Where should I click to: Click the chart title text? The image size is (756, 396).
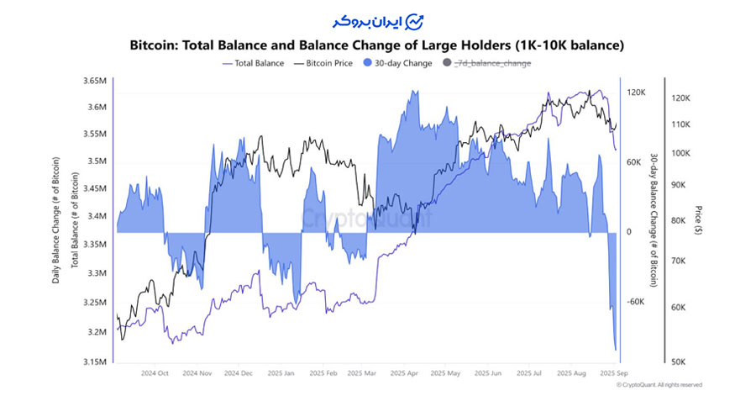(x=378, y=44)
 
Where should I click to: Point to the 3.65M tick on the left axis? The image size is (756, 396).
(x=94, y=81)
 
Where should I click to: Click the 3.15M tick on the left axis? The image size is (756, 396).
(x=94, y=362)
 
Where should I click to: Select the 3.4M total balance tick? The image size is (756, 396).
(x=97, y=216)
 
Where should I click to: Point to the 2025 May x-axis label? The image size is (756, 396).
(x=444, y=372)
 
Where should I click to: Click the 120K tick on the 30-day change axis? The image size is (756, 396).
(x=635, y=92)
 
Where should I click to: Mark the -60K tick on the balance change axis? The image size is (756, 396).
(x=635, y=302)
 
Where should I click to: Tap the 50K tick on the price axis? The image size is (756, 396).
(x=679, y=362)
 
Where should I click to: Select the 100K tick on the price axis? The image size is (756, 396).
(x=680, y=153)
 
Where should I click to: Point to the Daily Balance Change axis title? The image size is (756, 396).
(x=56, y=220)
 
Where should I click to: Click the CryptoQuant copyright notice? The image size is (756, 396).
(x=659, y=385)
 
